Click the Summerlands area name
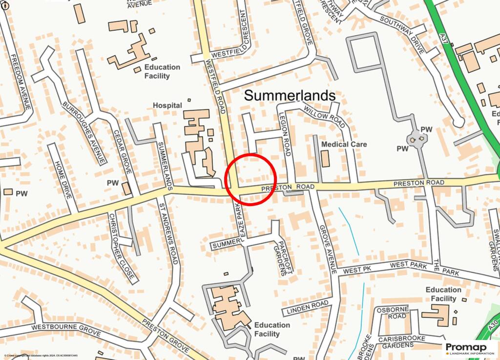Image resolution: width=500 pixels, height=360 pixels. (290, 95)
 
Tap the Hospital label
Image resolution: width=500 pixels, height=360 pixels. (167, 105)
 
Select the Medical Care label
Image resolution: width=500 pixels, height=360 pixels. (344, 145)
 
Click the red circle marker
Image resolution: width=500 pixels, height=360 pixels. (251, 179)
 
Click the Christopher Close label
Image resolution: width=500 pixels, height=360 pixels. (121, 246)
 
